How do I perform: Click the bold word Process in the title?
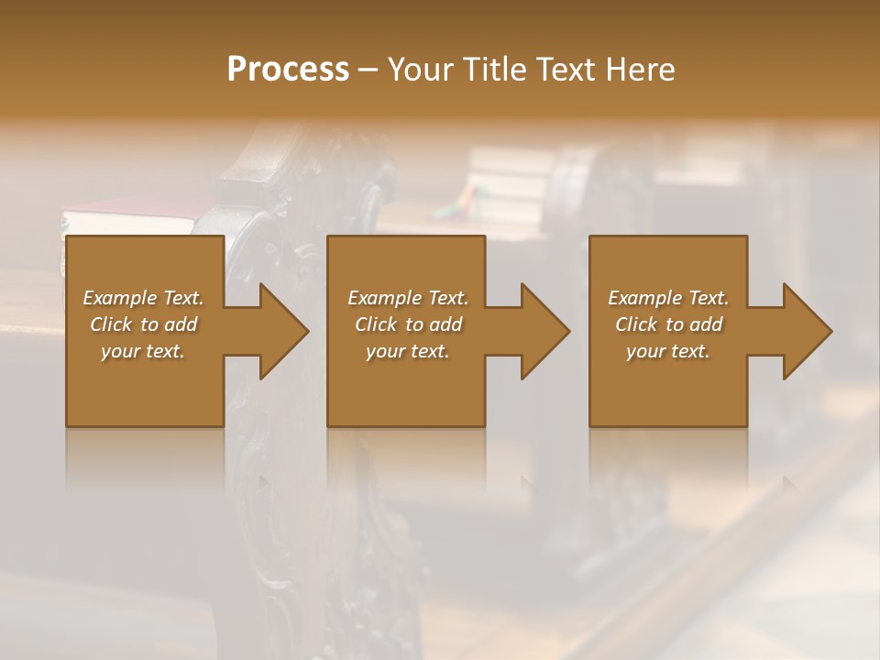(x=288, y=70)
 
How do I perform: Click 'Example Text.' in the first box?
(x=143, y=298)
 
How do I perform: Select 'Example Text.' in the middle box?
(x=408, y=298)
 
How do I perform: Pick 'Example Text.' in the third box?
(x=668, y=298)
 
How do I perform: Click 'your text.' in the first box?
(x=143, y=351)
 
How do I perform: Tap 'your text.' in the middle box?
(x=408, y=351)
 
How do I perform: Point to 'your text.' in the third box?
(x=668, y=351)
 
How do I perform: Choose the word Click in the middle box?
(x=375, y=324)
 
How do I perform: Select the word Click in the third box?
(x=635, y=324)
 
